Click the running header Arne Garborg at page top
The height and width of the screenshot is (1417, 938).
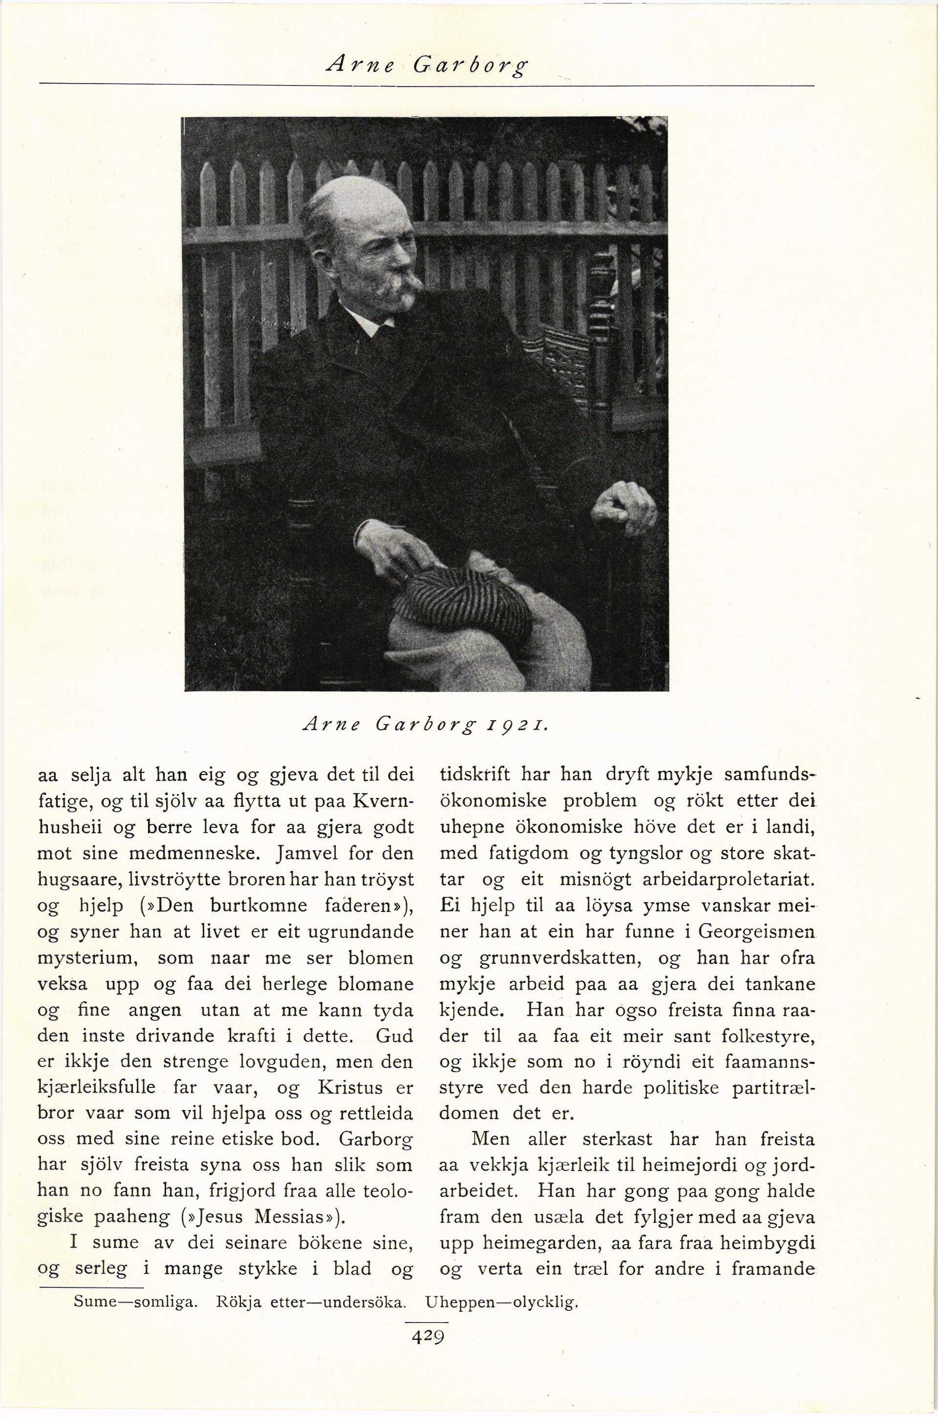pos(426,64)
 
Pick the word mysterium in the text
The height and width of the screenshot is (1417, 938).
pos(88,958)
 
